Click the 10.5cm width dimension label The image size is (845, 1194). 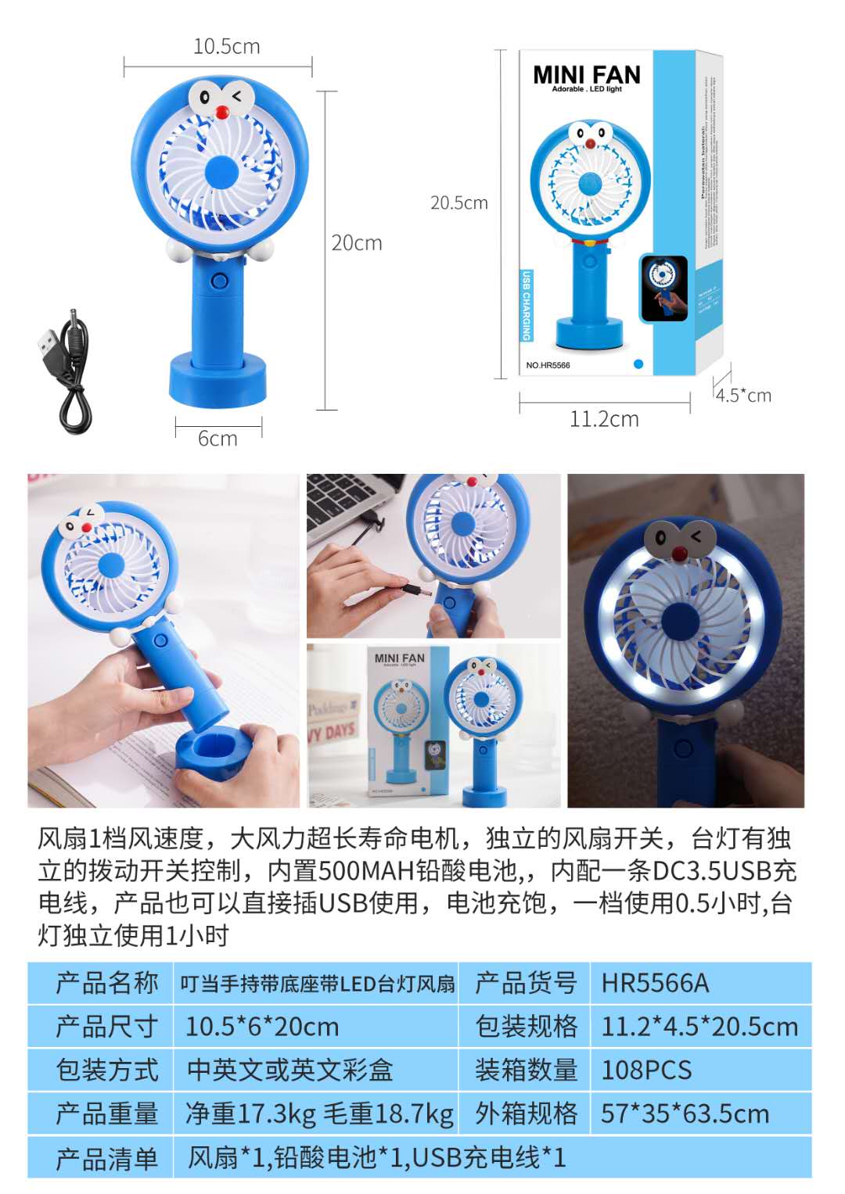(226, 47)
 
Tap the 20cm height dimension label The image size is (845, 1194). (357, 243)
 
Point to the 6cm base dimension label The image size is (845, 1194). (218, 439)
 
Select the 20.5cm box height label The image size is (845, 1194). (458, 203)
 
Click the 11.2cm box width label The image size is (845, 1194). (604, 420)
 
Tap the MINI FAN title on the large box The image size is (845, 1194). (586, 75)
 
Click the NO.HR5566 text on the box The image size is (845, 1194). (548, 365)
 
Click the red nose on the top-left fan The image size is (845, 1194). (222, 113)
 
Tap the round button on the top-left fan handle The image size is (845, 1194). (219, 280)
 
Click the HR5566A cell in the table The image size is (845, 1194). (655, 983)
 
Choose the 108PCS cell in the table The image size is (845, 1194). (646, 1070)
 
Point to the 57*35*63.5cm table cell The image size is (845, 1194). (685, 1113)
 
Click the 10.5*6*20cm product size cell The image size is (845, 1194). (262, 1027)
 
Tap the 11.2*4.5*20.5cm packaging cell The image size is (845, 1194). (699, 1027)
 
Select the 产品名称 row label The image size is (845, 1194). (106, 983)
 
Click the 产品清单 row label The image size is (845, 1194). (106, 1158)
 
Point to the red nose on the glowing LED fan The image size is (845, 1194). (679, 554)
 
